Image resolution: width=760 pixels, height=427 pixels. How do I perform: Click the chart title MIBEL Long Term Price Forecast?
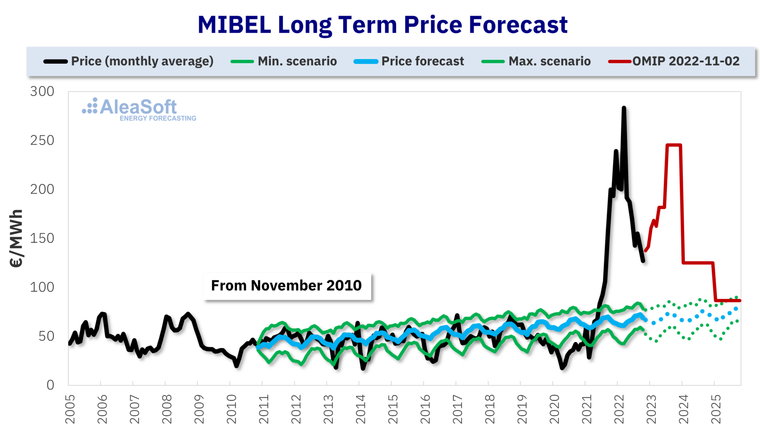382,25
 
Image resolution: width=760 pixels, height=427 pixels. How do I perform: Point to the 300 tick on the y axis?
42,91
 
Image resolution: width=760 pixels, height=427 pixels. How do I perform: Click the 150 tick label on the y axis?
42,238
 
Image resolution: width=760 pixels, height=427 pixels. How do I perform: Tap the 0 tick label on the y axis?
50,385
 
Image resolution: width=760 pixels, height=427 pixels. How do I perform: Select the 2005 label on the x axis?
70,409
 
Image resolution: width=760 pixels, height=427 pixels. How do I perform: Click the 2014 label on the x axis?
361,409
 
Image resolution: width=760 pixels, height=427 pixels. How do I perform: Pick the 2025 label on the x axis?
716,409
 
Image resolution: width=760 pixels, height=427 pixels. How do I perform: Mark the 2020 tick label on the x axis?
555,409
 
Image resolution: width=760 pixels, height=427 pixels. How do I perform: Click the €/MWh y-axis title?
16,239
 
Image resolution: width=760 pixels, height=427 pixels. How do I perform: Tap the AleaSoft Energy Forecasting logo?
139,109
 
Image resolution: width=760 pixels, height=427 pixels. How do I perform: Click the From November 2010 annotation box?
287,285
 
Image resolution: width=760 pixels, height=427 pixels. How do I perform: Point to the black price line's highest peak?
624,108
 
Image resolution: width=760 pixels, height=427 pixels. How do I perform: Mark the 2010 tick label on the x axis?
232,409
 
